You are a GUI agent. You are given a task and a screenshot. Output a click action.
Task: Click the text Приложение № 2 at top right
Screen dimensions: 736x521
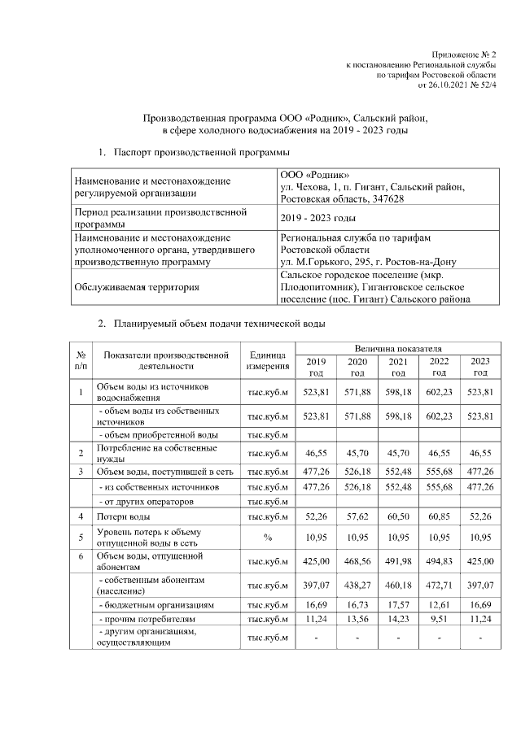[x=464, y=52]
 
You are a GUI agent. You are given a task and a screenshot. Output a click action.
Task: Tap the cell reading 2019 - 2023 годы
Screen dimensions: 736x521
[x=317, y=218]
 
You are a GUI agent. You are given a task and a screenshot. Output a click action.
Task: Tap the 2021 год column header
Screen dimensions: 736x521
[x=398, y=367]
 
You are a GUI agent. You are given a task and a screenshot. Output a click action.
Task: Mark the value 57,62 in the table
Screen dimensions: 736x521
[x=357, y=516]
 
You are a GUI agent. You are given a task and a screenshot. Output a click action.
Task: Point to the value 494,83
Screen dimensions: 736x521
[x=440, y=560]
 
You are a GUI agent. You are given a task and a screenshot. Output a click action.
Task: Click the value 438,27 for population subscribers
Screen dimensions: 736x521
[x=357, y=584]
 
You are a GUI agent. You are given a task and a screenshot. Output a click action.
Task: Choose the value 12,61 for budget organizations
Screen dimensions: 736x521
[x=440, y=606]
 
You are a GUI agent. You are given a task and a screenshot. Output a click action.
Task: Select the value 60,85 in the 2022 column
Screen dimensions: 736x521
[x=440, y=516]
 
